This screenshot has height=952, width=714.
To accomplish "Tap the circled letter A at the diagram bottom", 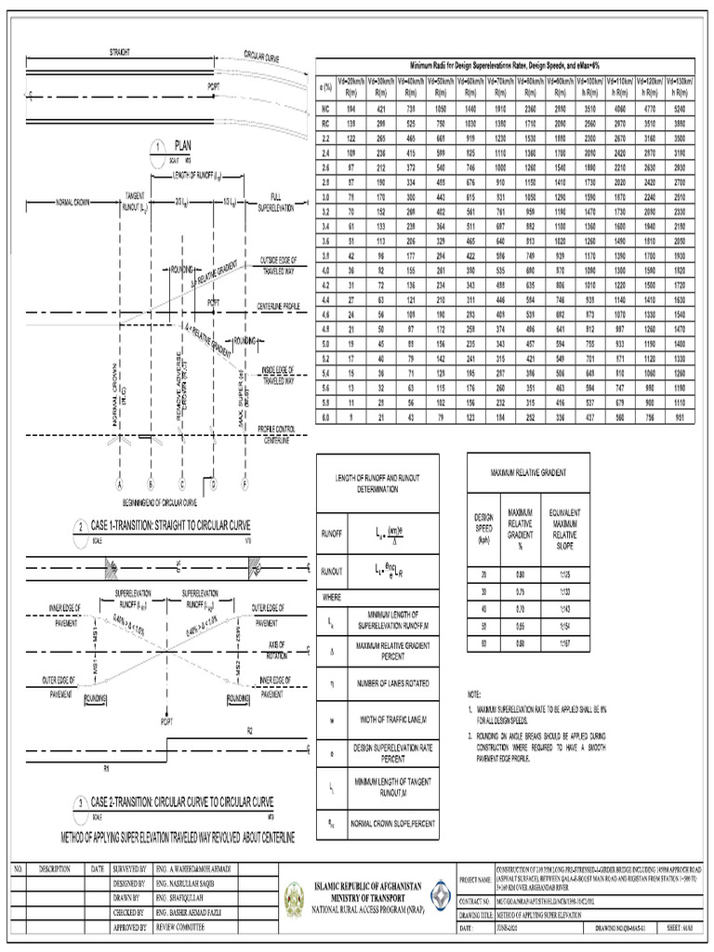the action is click(x=120, y=484).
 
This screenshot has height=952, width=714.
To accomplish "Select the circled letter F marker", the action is click(x=245, y=484).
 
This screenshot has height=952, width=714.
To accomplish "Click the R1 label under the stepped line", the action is click(x=107, y=742).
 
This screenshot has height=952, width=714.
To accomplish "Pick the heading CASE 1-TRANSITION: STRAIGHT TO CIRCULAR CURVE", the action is click(x=170, y=526).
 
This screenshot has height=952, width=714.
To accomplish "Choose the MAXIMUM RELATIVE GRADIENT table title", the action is click(x=526, y=474).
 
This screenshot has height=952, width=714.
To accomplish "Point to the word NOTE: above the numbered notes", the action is click(x=475, y=695).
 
